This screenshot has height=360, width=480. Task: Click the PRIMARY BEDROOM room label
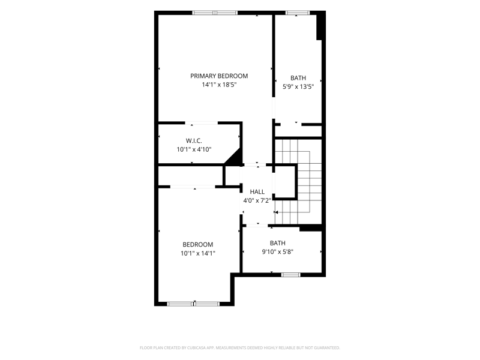[219, 76]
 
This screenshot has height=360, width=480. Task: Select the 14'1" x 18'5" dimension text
[219, 85]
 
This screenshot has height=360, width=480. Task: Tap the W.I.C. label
[194, 141]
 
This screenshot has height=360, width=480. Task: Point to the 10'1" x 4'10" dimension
[194, 149]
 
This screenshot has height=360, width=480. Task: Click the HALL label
[257, 191]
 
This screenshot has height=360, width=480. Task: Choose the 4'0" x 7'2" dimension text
[257, 200]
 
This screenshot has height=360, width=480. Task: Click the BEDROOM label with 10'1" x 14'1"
[198, 245]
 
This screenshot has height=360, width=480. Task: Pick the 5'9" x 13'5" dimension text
[298, 86]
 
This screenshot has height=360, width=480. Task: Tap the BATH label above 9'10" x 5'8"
[278, 243]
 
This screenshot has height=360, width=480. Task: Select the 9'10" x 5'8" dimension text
[278, 251]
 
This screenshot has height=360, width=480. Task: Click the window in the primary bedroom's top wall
[215, 13]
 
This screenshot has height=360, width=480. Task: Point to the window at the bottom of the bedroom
[193, 304]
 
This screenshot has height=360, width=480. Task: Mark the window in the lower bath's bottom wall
[291, 275]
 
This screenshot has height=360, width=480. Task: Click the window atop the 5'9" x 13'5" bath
[298, 13]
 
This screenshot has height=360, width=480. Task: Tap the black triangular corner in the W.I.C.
[235, 157]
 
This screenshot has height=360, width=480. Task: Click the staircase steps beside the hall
[298, 182]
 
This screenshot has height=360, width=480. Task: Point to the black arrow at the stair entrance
[276, 212]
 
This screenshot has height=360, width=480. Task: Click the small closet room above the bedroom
[190, 176]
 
